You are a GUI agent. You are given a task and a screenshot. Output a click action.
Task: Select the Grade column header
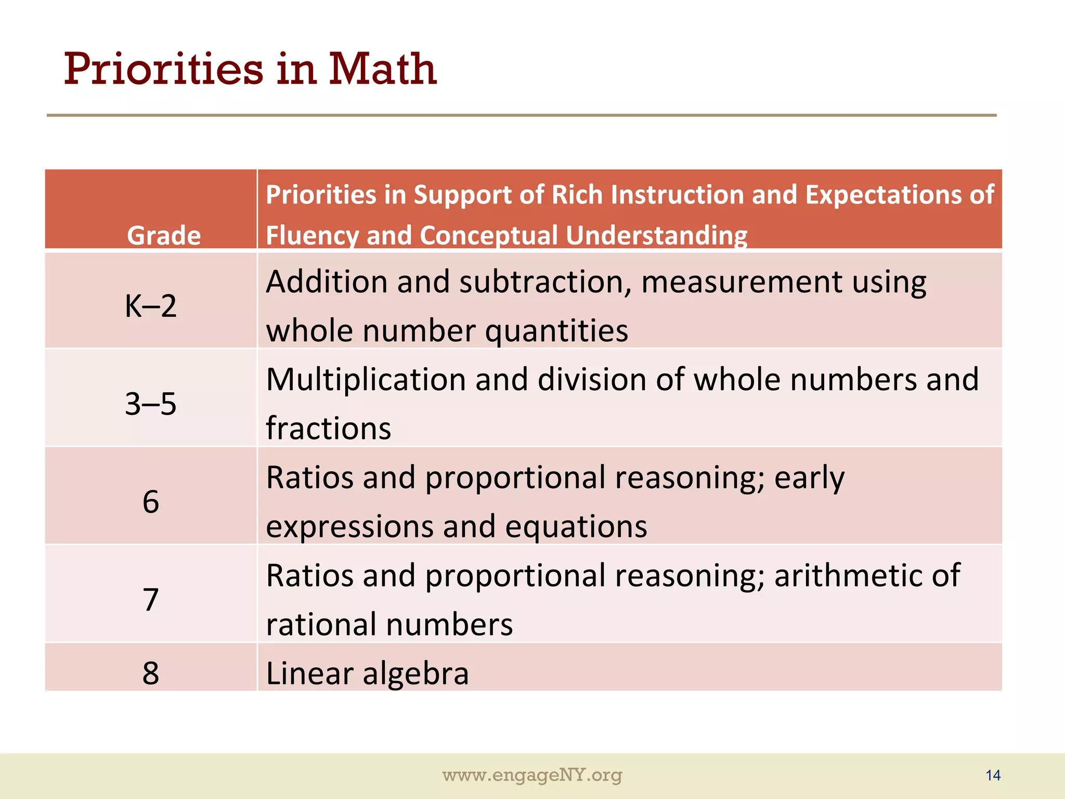point(164,235)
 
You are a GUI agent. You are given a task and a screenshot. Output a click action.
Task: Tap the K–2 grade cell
point(151,306)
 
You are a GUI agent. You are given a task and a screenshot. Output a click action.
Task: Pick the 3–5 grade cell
point(151,404)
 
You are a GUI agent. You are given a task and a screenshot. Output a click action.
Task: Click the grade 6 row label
point(151,502)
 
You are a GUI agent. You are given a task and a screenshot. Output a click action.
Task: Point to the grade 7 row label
point(151,600)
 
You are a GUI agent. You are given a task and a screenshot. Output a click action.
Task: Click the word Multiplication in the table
point(366,379)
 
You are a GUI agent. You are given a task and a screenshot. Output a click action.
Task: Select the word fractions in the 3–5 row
point(328,429)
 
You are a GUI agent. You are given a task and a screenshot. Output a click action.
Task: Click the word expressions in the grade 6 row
point(349,527)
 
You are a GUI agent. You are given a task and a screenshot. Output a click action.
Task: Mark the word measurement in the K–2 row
point(741,282)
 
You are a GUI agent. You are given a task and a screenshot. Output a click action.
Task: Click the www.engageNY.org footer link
point(532,775)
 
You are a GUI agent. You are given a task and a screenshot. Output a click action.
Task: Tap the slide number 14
point(993,776)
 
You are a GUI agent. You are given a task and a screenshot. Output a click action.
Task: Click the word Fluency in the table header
point(312,235)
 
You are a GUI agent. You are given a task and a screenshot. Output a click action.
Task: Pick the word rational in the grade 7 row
point(321,624)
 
